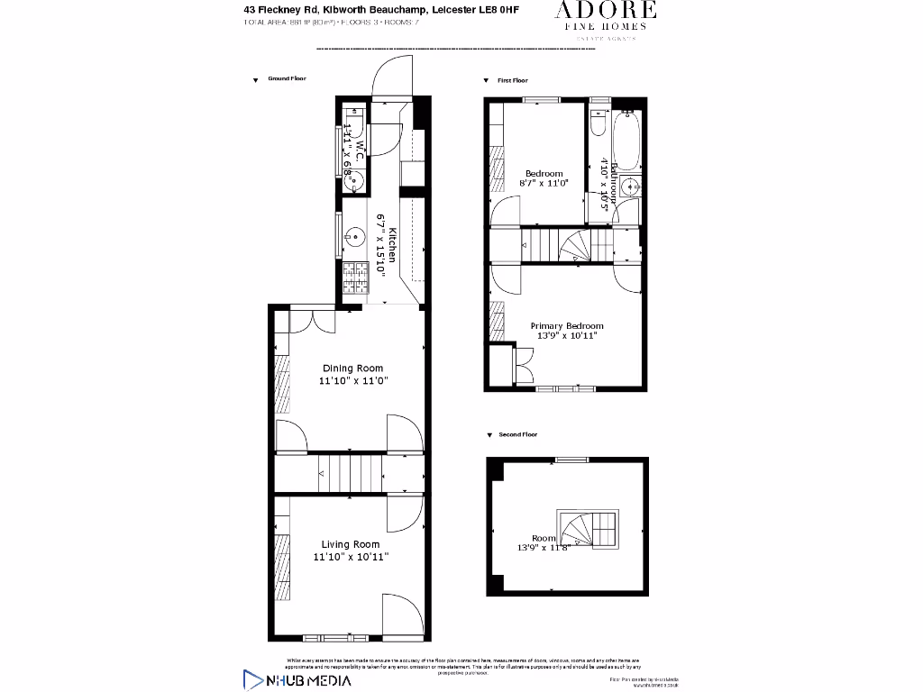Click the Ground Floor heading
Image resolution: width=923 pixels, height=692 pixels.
click(x=287, y=79)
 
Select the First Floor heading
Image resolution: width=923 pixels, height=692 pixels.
click(x=512, y=81)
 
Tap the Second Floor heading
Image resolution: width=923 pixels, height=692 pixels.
click(x=517, y=435)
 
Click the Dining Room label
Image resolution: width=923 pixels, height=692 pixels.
click(x=352, y=369)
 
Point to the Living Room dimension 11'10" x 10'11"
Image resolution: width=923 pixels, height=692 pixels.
click(x=351, y=558)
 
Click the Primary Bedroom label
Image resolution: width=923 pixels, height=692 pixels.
click(x=566, y=326)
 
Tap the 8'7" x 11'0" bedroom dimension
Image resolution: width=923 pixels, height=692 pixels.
click(x=544, y=184)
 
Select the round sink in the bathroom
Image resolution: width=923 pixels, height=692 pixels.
click(x=630, y=187)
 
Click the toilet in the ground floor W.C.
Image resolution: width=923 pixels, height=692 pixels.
click(x=353, y=123)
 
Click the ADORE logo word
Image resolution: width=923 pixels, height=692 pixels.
click(x=605, y=12)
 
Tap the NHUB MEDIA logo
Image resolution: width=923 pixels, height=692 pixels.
click(x=297, y=679)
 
